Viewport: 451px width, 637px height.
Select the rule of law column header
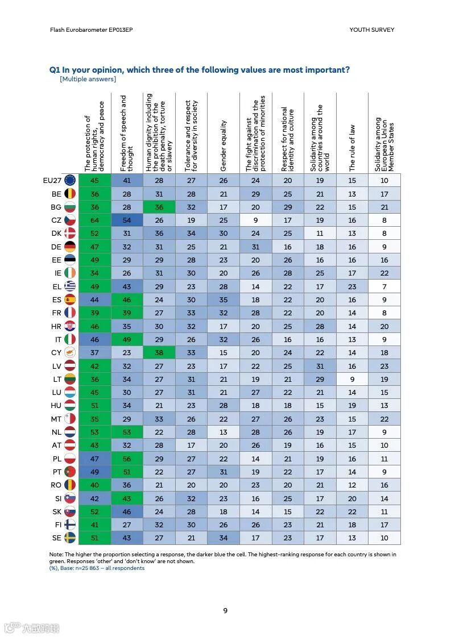[352, 148]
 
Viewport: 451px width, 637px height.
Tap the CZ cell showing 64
[94, 220]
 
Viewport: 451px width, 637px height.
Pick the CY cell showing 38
[159, 352]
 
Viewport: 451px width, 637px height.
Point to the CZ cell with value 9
[256, 220]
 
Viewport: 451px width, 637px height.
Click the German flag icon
[70, 247]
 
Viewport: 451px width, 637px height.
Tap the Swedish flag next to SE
[70, 538]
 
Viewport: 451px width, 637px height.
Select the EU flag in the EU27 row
[70, 180]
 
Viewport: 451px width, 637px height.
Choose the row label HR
[57, 326]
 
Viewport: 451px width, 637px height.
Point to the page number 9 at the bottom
[225, 610]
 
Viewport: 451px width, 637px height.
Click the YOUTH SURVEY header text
[371, 30]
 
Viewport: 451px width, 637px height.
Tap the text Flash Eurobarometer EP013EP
[84, 30]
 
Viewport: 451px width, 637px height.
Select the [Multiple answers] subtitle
[88, 79]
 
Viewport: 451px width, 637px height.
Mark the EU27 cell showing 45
[94, 180]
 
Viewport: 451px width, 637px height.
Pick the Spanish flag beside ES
[70, 299]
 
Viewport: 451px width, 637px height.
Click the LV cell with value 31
[320, 366]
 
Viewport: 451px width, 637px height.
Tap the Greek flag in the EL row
[70, 286]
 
